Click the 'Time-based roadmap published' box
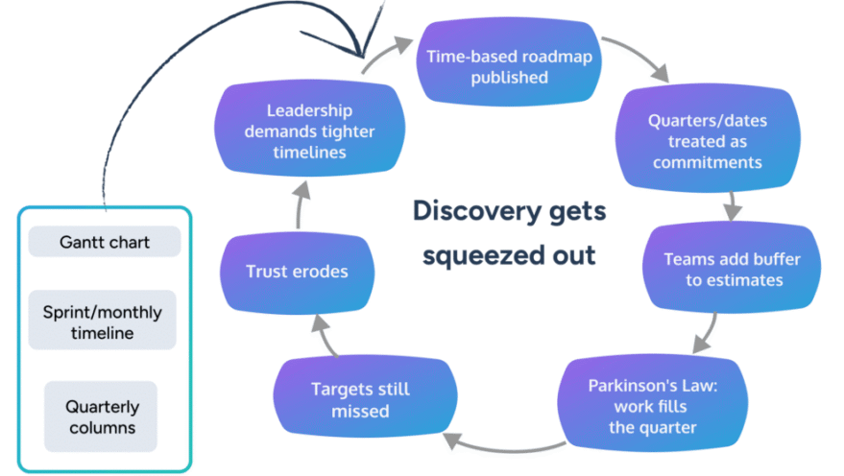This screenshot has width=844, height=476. tap(509, 66)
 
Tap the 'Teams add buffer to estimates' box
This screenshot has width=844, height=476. tap(732, 270)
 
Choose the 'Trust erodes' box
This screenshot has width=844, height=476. tap(296, 272)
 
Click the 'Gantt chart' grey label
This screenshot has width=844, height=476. tap(104, 242)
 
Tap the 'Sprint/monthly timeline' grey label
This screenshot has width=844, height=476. tap(102, 322)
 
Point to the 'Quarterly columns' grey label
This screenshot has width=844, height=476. tap(102, 417)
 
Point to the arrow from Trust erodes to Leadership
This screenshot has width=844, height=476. tap(300, 212)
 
